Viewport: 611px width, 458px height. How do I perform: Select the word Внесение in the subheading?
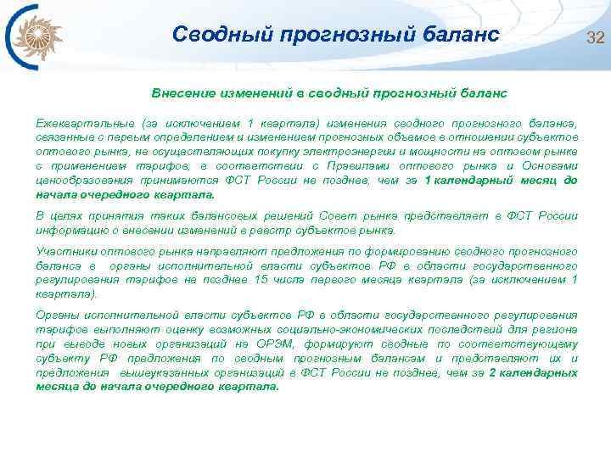(x=182, y=91)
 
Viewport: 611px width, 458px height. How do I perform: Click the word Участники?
(x=67, y=252)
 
